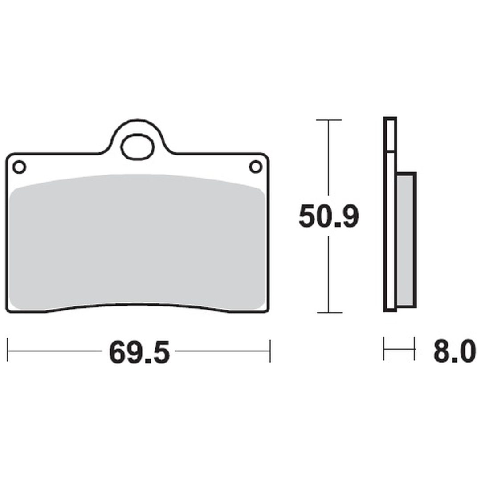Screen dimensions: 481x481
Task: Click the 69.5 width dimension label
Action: [139, 352]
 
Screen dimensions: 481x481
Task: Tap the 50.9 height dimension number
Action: [329, 216]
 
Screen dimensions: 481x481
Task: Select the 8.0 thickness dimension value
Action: [455, 351]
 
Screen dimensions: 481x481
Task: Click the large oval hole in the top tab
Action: [137, 147]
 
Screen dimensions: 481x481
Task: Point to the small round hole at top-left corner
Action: [19, 167]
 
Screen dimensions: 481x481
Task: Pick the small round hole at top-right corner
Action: [256, 167]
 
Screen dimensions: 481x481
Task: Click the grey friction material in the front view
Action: [137, 242]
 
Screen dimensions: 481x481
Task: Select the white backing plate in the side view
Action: [390, 214]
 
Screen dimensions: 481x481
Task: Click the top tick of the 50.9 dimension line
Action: [329, 120]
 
